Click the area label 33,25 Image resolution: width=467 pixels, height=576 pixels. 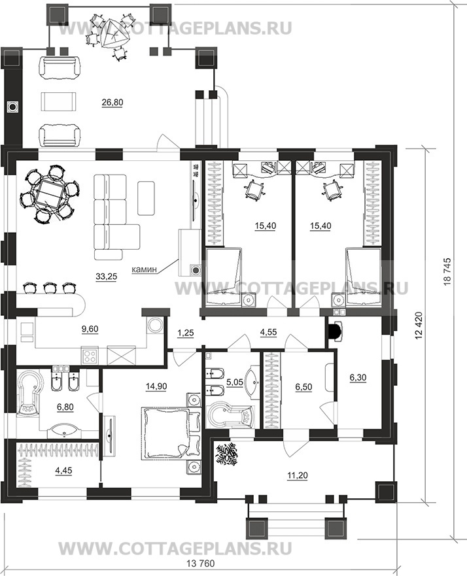pos(106,277)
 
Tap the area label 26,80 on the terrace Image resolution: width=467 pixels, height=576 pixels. pos(112,103)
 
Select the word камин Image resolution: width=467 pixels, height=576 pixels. pos(144,269)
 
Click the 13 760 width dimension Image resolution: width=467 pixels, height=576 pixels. pos(201,564)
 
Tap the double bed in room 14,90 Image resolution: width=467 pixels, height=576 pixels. pos(171,433)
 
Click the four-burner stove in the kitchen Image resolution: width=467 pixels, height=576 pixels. pos(90,356)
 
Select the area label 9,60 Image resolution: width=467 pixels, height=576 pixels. pos(90,329)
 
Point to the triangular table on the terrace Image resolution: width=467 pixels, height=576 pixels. pos(112,33)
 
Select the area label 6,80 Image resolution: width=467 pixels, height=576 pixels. pos(65,407)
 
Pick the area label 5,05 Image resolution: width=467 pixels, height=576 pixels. pos(234,382)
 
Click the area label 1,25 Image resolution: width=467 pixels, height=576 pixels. pos(186,333)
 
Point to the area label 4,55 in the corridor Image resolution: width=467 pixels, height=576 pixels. pos(268,332)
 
